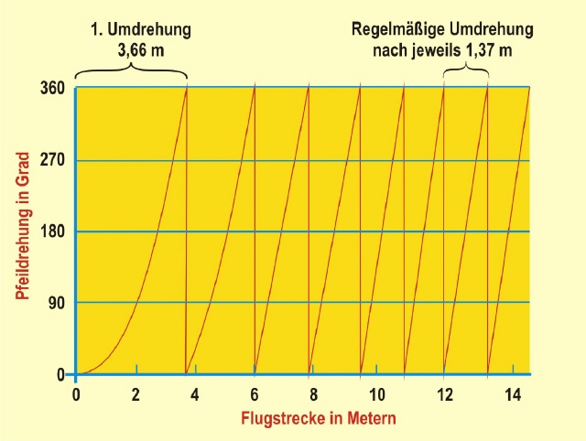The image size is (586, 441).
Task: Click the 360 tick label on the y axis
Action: (51, 89)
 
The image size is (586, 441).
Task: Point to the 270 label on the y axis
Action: (51, 160)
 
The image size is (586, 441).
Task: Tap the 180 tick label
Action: (51, 231)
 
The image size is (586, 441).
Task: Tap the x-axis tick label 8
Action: (313, 394)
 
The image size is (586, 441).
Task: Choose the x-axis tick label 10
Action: (376, 394)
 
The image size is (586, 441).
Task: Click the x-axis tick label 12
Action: (446, 394)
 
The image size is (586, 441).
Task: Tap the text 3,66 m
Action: (140, 49)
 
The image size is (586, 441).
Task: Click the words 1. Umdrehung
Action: (140, 28)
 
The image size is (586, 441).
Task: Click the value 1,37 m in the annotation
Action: (487, 49)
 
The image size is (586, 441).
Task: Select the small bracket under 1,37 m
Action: (466, 71)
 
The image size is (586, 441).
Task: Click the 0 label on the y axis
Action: (60, 374)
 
